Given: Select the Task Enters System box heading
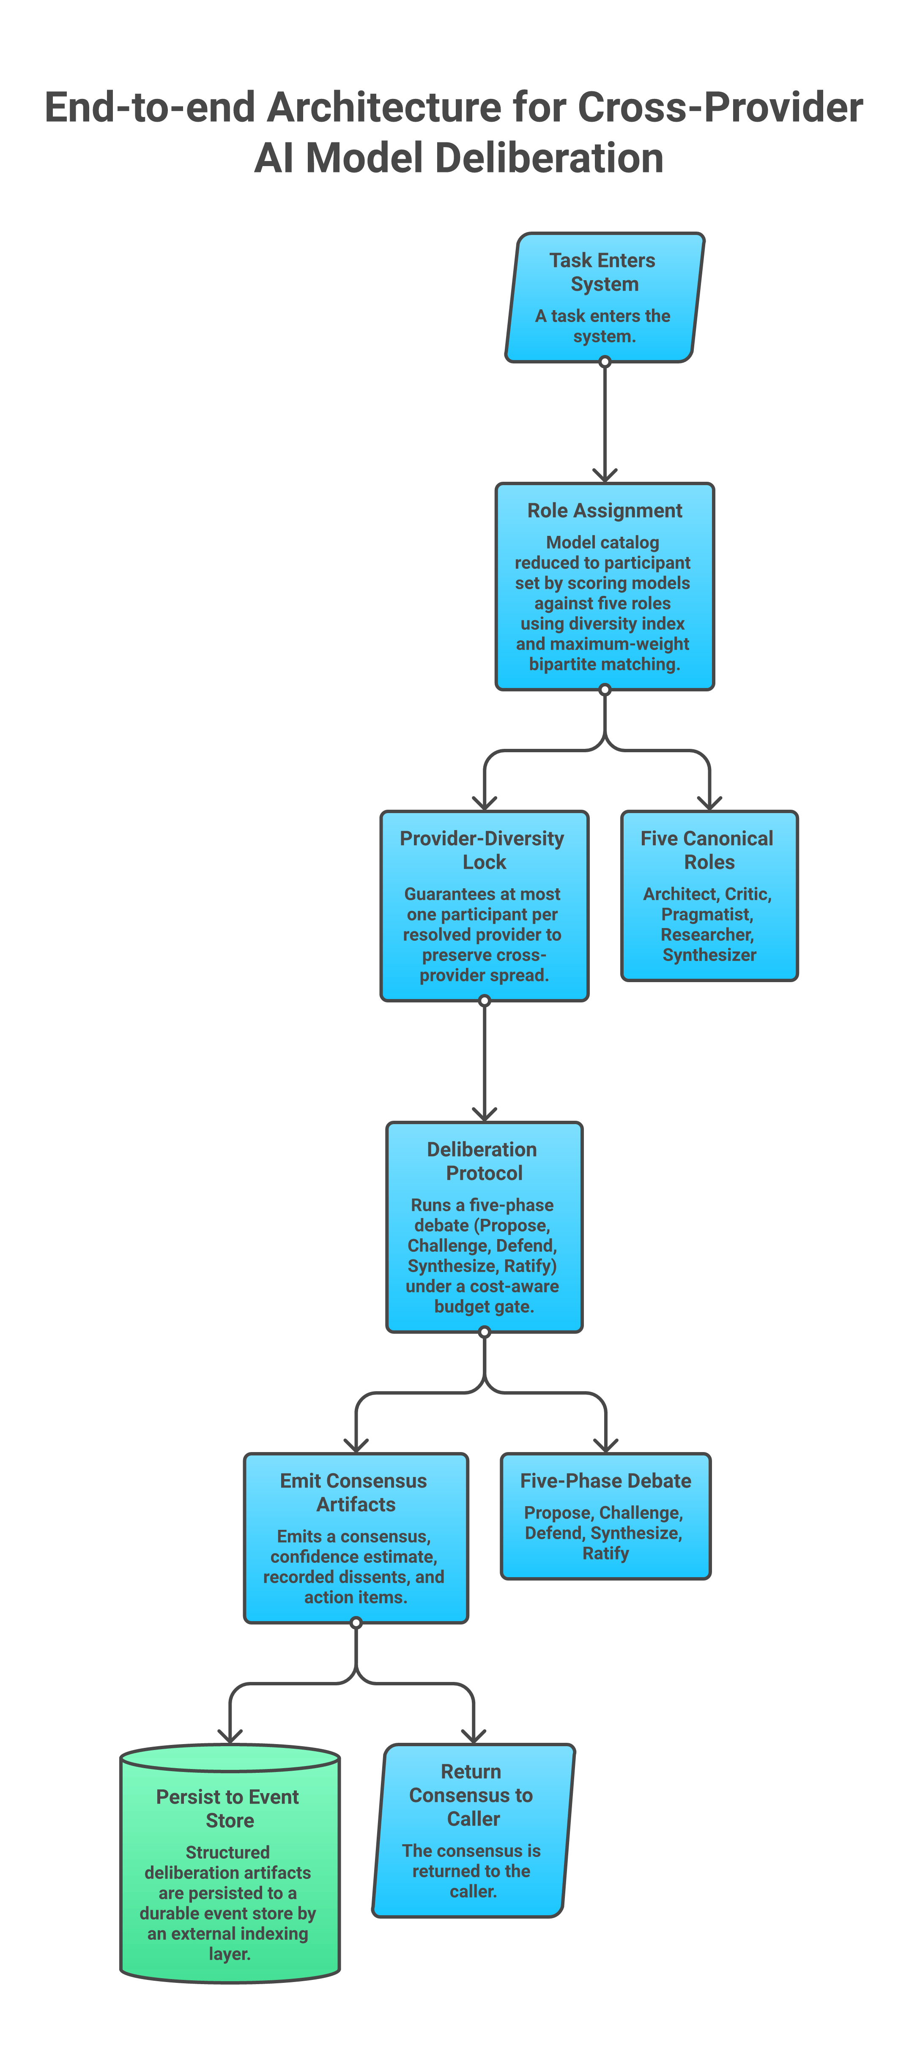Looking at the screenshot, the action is click(603, 273).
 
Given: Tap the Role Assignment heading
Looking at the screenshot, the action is click(604, 511).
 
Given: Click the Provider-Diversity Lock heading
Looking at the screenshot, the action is click(482, 850).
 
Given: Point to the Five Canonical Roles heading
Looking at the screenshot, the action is click(708, 850).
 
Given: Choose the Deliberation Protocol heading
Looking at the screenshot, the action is click(482, 1161).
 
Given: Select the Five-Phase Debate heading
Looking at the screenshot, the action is click(606, 1481).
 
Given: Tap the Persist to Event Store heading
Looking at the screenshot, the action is click(228, 1808).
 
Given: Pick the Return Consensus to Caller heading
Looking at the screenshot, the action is click(472, 1795).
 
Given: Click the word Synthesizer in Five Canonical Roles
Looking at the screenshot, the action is click(709, 955).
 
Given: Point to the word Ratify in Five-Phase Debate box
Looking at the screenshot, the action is click(606, 1553).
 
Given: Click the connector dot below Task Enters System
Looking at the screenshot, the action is click(605, 362).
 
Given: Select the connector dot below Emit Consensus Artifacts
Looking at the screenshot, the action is click(356, 1623).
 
